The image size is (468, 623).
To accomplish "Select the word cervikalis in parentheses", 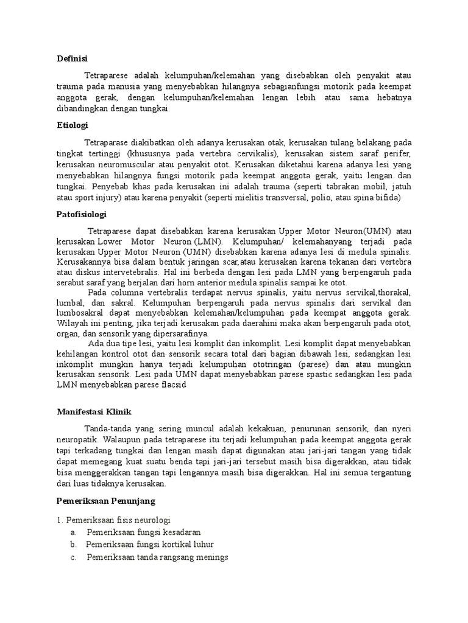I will click(244, 153).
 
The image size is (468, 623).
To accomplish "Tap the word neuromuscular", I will click(115, 164).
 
